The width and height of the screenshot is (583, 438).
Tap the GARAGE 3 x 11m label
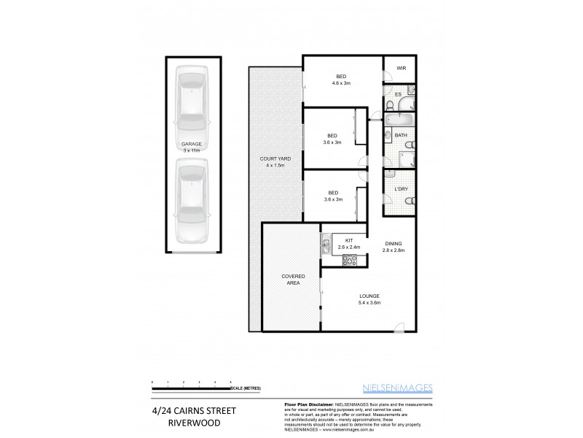tap(191, 147)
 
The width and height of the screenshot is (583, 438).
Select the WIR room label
tap(401, 68)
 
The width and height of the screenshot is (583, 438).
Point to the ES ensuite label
tap(399, 94)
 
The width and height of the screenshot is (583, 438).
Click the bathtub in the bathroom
tap(399, 119)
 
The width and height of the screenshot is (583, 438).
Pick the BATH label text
tap(401, 136)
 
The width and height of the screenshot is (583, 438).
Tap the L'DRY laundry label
tap(401, 189)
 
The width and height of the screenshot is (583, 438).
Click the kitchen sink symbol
tap(325, 245)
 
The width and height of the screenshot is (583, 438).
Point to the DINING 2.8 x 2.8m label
tap(394, 247)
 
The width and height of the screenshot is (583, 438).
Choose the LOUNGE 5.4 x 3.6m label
tap(369, 299)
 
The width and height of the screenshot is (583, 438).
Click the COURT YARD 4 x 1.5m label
tap(274, 162)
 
